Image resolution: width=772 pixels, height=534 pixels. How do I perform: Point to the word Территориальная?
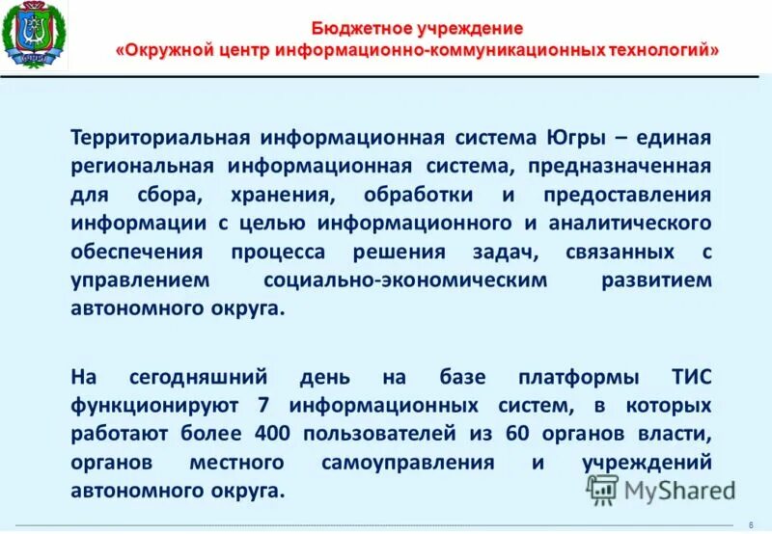(x=148, y=138)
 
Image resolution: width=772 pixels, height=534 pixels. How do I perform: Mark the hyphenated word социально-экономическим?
(x=404, y=280)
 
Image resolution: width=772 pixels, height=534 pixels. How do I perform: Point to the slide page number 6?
(x=750, y=524)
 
